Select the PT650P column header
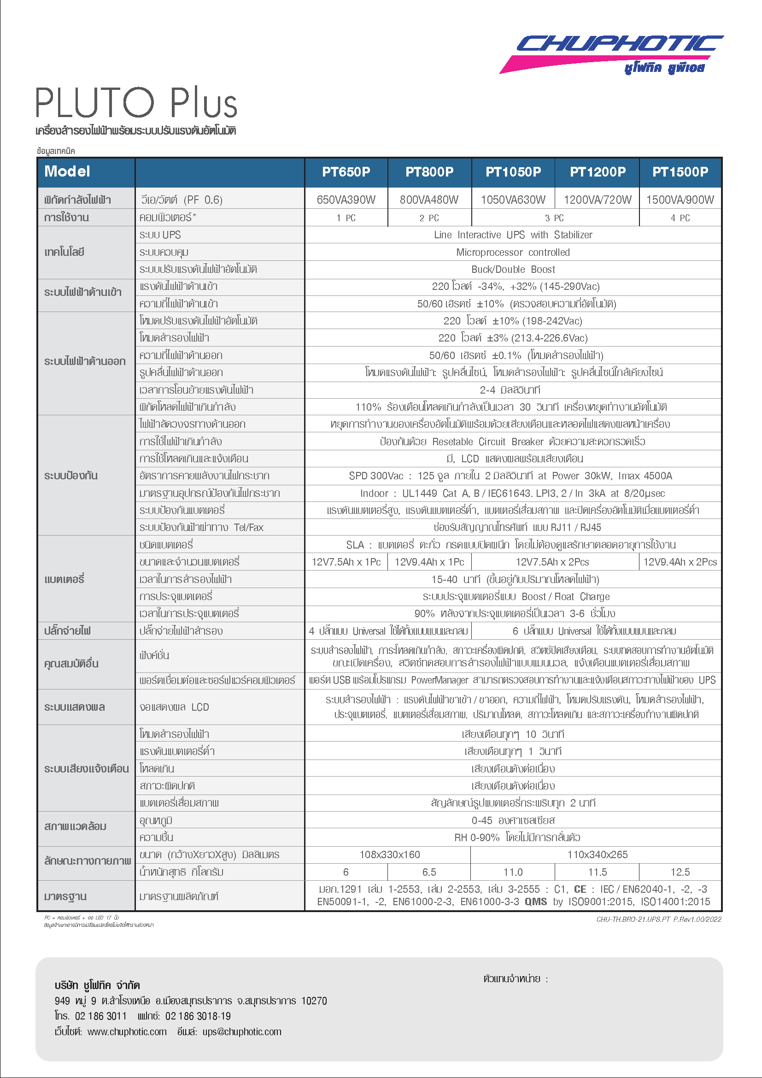(346, 172)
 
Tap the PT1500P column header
(680, 172)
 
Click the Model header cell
(67, 171)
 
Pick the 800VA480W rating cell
(429, 200)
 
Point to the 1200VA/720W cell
(598, 200)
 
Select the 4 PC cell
(680, 218)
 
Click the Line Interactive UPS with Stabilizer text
(513, 235)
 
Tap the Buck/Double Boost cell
(513, 270)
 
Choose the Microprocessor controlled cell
(513, 252)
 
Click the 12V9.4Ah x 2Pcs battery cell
(680, 562)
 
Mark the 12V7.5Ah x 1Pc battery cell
(346, 562)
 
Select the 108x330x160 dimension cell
(389, 854)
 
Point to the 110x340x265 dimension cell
(597, 854)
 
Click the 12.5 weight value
(680, 872)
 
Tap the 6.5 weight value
(429, 872)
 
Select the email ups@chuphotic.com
(242, 1031)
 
